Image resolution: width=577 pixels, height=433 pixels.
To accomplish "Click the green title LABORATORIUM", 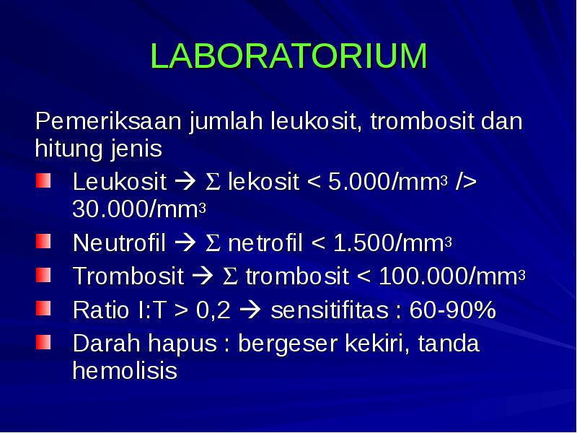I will [x=288, y=57].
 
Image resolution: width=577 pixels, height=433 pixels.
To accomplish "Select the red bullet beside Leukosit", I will [x=44, y=180].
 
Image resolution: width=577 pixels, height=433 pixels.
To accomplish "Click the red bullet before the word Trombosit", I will [x=44, y=275].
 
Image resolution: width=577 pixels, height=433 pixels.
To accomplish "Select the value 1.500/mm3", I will [x=392, y=243].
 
